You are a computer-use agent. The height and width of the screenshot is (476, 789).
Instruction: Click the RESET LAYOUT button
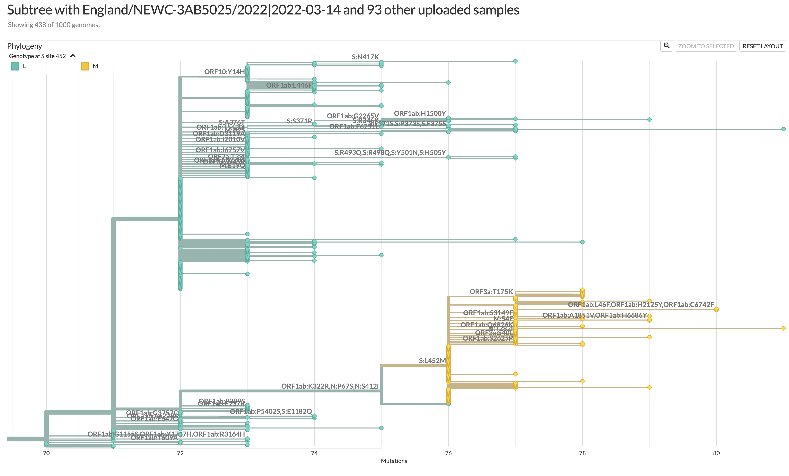(762, 46)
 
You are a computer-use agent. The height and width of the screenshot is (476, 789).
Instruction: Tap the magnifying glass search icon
(666, 46)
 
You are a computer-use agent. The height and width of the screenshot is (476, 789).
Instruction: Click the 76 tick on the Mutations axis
(448, 453)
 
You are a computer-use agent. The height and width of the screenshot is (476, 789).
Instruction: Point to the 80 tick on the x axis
(716, 453)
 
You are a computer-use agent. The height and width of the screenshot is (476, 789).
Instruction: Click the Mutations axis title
(394, 461)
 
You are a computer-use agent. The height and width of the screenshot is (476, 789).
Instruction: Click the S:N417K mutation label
(365, 57)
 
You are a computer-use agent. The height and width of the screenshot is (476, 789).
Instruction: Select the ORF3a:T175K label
(491, 292)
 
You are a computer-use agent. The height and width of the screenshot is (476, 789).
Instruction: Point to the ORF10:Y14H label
(224, 72)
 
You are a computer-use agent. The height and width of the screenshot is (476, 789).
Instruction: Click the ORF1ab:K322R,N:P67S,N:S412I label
(330, 386)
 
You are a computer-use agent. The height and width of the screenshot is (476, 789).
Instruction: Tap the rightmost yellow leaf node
(783, 328)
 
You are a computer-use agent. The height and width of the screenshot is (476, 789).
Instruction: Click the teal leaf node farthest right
(783, 129)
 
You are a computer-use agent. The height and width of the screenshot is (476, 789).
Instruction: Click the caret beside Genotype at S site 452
(73, 56)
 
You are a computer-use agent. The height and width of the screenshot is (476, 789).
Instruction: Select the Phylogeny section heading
(25, 46)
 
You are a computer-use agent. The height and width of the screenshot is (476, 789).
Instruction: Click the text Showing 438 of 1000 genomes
(54, 25)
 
